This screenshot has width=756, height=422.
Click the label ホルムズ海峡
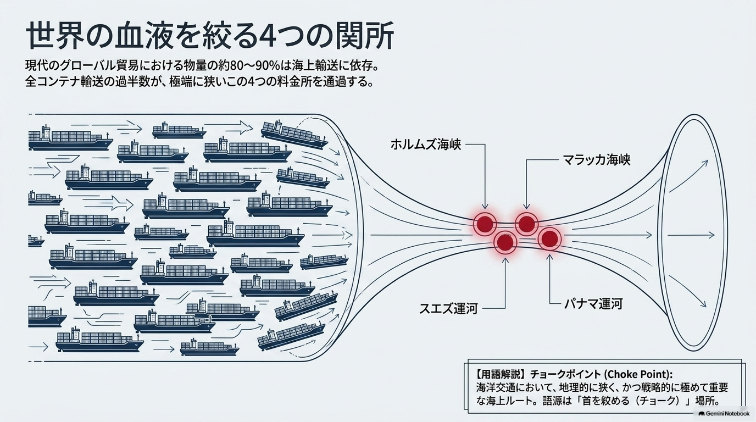[x=426, y=145]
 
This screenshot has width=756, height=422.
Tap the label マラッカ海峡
[x=596, y=159]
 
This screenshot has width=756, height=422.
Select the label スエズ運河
[x=448, y=308]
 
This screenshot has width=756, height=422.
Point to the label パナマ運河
[x=593, y=304]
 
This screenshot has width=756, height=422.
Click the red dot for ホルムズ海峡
[x=485, y=223]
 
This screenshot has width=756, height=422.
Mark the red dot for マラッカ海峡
[x=526, y=224]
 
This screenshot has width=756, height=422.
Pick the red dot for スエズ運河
[x=505, y=242]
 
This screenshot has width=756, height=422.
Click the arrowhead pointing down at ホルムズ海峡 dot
[x=485, y=206]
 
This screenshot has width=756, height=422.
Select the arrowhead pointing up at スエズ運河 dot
[x=505, y=261]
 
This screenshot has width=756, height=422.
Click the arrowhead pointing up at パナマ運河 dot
[x=550, y=258]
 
